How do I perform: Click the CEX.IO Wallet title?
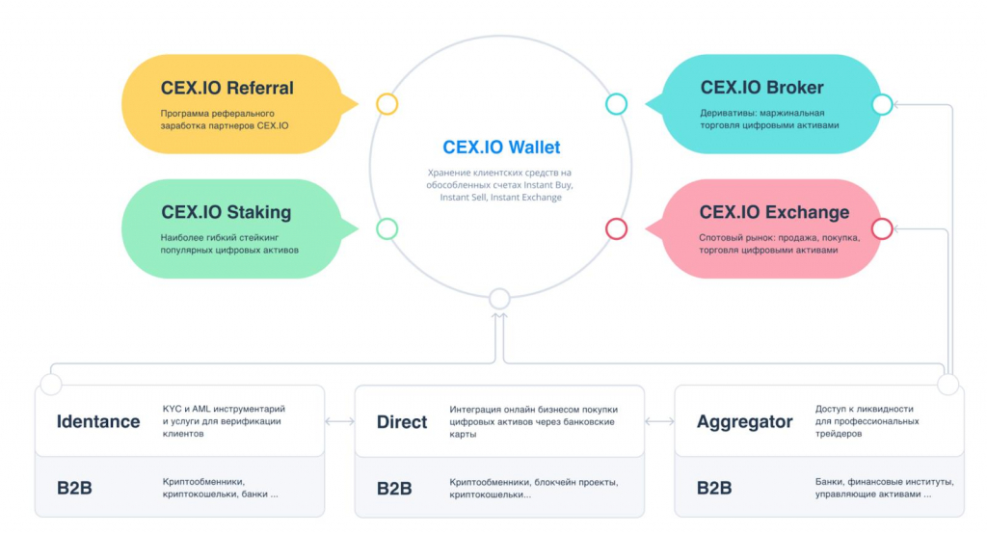(501, 147)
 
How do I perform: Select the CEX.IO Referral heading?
(227, 88)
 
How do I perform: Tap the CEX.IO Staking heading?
(226, 212)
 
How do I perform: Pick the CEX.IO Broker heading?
(761, 88)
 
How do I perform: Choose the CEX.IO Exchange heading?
(774, 212)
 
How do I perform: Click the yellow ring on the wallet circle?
(387, 104)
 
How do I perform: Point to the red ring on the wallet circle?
(616, 228)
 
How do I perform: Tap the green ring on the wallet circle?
(387, 228)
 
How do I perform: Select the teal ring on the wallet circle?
(616, 104)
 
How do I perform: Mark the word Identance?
(98, 421)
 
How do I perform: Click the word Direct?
(402, 421)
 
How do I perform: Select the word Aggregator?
(745, 422)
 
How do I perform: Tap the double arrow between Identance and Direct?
(340, 421)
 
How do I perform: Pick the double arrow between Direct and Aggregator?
(659, 421)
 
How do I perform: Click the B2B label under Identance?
(74, 488)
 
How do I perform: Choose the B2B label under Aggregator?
(714, 488)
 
